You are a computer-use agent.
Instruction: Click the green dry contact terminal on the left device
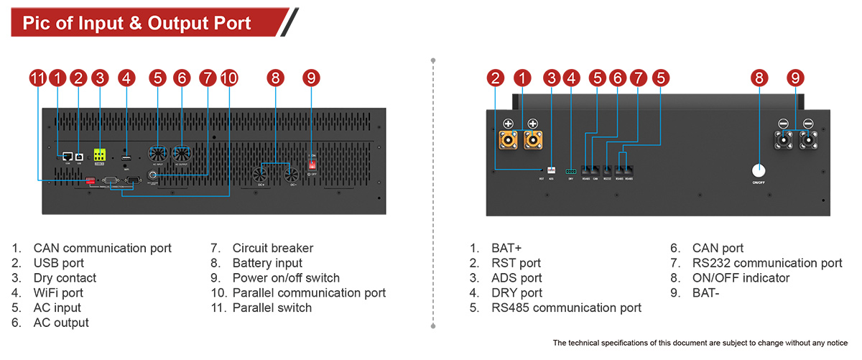click(x=100, y=154)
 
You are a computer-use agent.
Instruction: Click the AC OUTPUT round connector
click(x=181, y=153)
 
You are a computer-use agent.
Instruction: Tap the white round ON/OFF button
click(x=759, y=171)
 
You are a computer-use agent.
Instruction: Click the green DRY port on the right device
click(x=571, y=171)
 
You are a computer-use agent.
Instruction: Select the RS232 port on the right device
click(x=608, y=170)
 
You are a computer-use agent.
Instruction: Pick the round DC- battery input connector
click(x=291, y=175)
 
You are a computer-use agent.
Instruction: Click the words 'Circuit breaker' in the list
click(x=273, y=248)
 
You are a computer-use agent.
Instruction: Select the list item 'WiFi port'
click(x=58, y=292)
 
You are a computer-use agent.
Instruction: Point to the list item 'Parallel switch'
click(x=272, y=308)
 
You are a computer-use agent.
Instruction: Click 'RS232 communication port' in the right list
click(x=767, y=263)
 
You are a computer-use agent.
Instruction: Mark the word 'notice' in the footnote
click(x=834, y=342)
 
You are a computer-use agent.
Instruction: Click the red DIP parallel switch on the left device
click(x=91, y=180)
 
